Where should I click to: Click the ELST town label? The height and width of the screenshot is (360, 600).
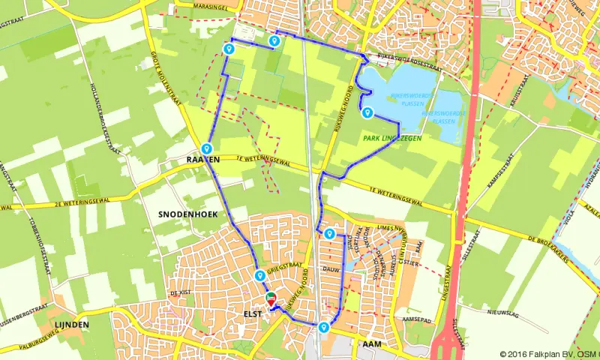253,313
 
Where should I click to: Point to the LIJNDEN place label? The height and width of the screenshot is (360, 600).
73,324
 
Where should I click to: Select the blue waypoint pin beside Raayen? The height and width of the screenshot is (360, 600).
205,148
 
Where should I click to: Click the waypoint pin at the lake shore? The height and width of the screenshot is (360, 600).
367,112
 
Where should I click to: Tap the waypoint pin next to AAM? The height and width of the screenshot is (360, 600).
323,327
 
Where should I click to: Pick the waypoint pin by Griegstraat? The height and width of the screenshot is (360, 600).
259,274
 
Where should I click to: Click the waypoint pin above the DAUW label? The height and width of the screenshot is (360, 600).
328,233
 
